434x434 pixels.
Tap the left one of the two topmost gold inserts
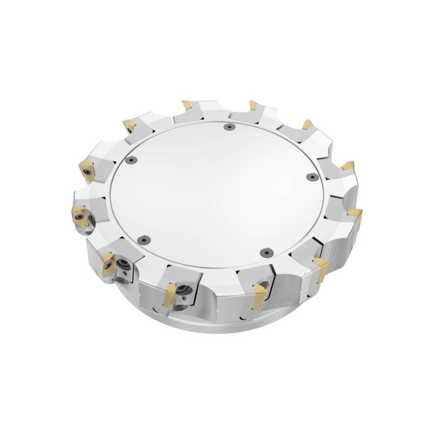186,104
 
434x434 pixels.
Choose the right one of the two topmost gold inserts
252,104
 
